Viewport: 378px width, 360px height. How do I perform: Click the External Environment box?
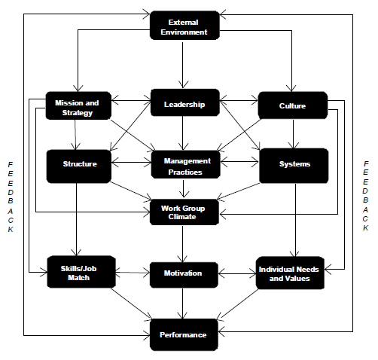tap(184, 26)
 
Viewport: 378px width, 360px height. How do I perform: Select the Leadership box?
tap(184, 104)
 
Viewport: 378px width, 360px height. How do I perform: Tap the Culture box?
tap(292, 105)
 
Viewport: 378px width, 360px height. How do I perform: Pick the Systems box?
tap(294, 163)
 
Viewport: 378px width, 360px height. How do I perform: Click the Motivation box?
tap(183, 273)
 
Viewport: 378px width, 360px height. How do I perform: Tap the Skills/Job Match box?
tap(74, 273)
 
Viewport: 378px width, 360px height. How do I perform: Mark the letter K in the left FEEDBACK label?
tap(11, 230)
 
